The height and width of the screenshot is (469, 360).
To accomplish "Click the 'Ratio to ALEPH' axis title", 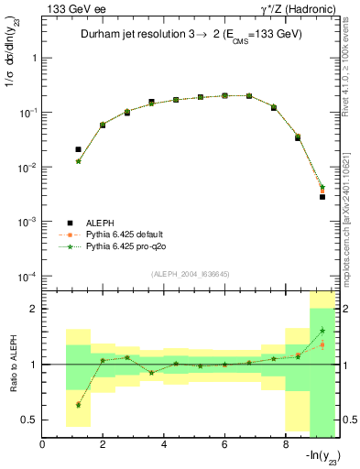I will tap(13, 364).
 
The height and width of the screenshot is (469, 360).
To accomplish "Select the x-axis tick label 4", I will tap(164, 445).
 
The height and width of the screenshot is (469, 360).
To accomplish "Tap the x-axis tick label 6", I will tap(225, 445).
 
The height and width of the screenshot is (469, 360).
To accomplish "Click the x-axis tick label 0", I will tap(42, 445).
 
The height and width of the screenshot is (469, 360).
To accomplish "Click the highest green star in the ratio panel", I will tap(322, 331).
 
